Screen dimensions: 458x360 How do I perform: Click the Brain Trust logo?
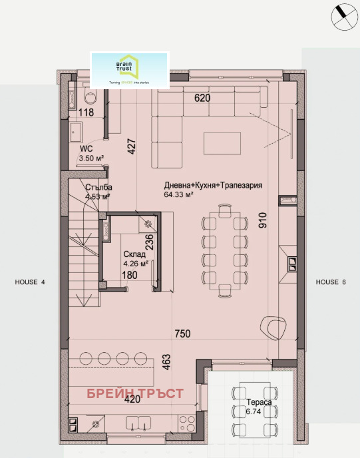pyautogui.click(x=130, y=70)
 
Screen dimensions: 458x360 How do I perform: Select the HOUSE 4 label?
pyautogui.click(x=30, y=282)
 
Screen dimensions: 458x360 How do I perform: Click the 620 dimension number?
pyautogui.click(x=202, y=97)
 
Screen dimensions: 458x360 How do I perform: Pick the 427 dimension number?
pyautogui.click(x=131, y=146)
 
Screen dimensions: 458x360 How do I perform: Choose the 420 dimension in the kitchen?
pyautogui.click(x=132, y=400)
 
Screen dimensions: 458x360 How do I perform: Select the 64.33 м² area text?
pyautogui.click(x=178, y=196)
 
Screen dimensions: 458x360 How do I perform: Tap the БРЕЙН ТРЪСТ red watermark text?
pyautogui.click(x=135, y=393)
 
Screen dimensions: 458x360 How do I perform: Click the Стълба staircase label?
pyautogui.click(x=93, y=187)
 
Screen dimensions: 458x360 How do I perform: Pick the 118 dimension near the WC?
pyautogui.click(x=87, y=112)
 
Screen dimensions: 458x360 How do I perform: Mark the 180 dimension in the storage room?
pyautogui.click(x=129, y=275)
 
